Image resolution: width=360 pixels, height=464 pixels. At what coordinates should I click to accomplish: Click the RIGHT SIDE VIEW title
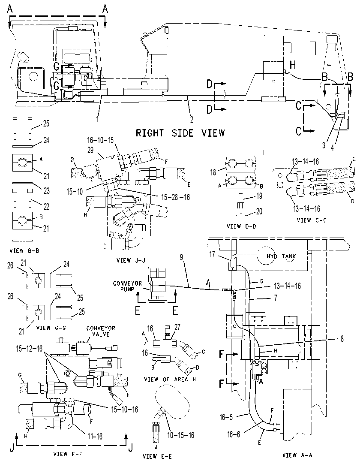[x=180, y=133]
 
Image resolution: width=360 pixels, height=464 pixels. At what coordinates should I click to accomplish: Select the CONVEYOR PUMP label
[x=127, y=286]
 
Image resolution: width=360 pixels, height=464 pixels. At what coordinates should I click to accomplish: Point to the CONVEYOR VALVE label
[x=101, y=331]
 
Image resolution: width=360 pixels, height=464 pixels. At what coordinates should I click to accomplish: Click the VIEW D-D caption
[x=241, y=226]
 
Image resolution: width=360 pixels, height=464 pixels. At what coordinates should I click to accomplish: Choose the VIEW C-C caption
[x=312, y=220]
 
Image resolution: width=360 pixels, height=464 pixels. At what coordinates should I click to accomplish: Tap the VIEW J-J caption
[x=131, y=260]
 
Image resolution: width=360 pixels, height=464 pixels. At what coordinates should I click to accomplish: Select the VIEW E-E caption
[x=157, y=456]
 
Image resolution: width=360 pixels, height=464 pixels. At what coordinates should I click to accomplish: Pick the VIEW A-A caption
[x=297, y=455]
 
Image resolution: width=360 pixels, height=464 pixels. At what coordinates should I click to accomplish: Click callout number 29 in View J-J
[x=90, y=150]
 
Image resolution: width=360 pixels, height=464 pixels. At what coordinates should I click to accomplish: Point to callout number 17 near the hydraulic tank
[x=212, y=254]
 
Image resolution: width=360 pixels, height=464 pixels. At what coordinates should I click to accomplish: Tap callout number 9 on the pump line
[x=182, y=257]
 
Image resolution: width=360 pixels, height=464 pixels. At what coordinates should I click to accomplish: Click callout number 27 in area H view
[x=177, y=327]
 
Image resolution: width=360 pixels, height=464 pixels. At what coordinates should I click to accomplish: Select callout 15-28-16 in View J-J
[x=175, y=197]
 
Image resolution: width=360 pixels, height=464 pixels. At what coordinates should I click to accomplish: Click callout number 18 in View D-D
[x=213, y=172]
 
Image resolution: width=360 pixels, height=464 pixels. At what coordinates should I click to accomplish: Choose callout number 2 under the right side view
[x=192, y=120]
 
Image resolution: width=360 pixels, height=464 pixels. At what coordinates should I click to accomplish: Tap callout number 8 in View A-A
[x=342, y=338]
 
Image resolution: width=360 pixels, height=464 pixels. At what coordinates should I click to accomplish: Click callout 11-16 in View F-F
[x=95, y=436]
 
